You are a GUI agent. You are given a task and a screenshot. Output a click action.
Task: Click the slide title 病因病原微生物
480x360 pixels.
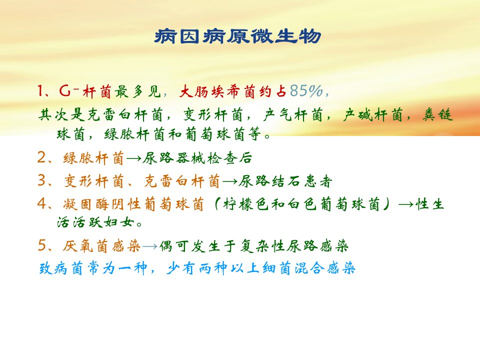(238, 36)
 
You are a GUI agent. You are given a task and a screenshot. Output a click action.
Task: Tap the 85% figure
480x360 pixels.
(306, 91)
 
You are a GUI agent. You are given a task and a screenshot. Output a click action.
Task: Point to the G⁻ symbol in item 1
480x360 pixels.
(69, 90)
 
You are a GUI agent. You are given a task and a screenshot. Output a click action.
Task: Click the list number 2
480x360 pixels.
(42, 157)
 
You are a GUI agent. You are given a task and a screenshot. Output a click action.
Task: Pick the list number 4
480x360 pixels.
(42, 203)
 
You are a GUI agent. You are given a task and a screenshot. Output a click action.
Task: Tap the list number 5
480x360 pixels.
(42, 245)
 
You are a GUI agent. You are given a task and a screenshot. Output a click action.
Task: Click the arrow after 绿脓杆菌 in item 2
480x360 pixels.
(134, 158)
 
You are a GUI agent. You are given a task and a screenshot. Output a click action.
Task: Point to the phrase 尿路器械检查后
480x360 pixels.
(197, 158)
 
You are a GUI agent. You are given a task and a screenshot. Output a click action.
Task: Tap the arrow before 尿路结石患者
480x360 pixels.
(230, 181)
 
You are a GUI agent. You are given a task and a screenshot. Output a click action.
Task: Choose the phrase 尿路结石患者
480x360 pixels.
(285, 181)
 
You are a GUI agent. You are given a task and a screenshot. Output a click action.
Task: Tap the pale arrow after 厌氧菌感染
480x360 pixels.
(150, 246)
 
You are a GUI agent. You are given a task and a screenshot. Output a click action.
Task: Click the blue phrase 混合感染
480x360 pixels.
(325, 268)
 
